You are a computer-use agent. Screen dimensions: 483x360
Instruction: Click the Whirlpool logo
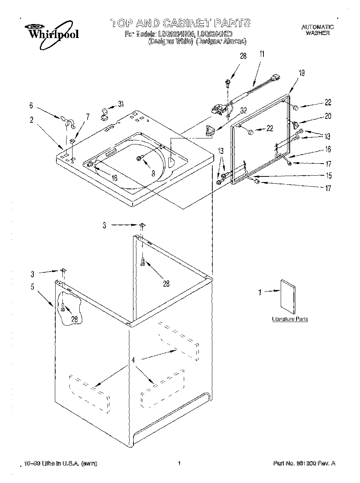[52, 34]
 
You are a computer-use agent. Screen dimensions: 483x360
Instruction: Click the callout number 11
[262, 54]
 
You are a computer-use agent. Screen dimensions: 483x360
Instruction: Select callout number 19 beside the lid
[301, 73]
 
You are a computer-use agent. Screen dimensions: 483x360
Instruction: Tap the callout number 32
[244, 111]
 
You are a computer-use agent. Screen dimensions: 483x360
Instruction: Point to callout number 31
[120, 104]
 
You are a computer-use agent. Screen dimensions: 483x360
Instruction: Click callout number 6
[32, 106]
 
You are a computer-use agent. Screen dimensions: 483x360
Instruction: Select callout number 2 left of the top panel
[32, 120]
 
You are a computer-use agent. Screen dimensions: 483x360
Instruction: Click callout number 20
[328, 116]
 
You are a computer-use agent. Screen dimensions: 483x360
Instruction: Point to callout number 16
[328, 150]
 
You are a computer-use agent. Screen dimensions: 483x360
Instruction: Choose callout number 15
[328, 175]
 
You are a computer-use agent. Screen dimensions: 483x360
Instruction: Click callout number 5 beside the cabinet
[32, 287]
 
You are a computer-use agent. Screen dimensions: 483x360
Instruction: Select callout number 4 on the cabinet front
[133, 360]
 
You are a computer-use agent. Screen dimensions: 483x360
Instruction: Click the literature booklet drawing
[288, 296]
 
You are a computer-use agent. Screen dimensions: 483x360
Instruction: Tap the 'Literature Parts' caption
[290, 319]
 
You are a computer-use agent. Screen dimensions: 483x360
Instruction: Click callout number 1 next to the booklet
[259, 292]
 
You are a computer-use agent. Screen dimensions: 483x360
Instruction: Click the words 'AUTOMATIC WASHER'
[318, 30]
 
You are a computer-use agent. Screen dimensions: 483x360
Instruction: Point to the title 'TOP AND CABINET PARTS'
[180, 23]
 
